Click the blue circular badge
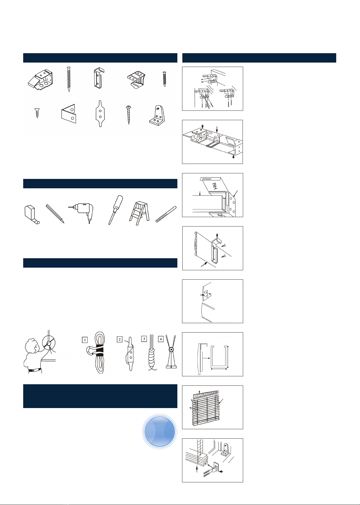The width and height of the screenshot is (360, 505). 159,432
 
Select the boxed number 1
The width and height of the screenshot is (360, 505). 85,340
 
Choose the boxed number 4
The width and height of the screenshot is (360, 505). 161,339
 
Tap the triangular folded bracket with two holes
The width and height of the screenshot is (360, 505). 68,114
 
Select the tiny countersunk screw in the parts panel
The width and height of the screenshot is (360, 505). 37,113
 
